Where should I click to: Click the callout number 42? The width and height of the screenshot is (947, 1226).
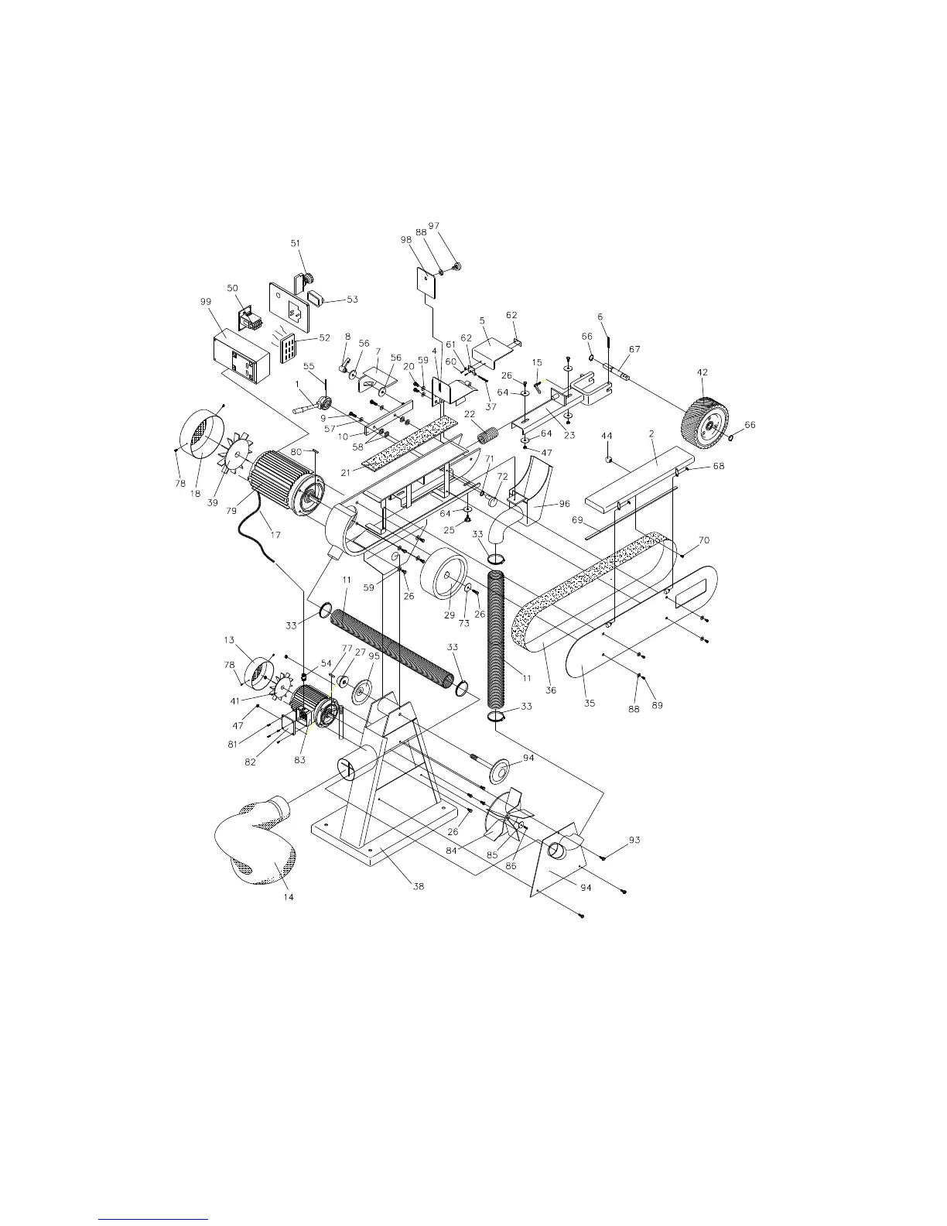pos(703,372)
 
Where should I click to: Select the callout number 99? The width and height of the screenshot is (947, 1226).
pos(206,302)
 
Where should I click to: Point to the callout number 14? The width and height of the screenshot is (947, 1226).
pos(289,896)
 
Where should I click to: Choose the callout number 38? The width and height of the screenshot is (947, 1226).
pos(419,886)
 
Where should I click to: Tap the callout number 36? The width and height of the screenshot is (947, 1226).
pos(551,690)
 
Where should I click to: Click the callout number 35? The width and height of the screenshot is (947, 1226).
pos(590,703)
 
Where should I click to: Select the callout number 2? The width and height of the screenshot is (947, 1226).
pos(651,434)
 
